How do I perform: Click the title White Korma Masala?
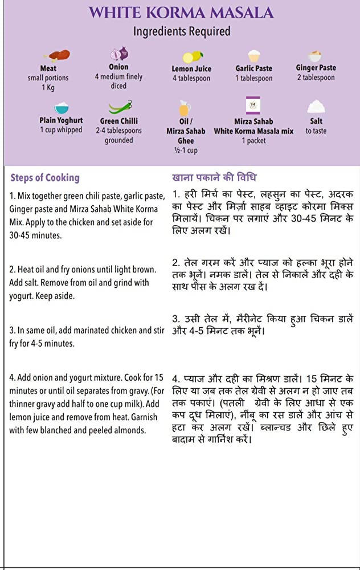coord(181,13)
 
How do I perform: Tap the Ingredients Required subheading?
coord(181,31)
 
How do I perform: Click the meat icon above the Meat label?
coord(59,55)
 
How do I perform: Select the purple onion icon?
coord(120,54)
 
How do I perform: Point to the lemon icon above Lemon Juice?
coord(191,56)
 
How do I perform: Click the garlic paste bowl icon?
coord(254,56)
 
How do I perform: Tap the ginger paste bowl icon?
coord(315,56)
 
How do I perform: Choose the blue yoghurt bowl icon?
coord(61,108)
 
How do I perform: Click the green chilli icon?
coord(120,107)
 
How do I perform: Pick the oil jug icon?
coord(185,108)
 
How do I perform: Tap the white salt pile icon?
coord(316,107)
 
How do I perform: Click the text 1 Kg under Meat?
coord(48,87)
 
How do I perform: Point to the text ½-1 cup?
coord(185,150)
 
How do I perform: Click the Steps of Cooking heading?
coord(45,177)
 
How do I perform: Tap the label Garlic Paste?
coord(254,68)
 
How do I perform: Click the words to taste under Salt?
coord(316,131)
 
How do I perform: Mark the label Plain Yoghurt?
coord(61,121)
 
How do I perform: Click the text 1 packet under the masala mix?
coord(253,140)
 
